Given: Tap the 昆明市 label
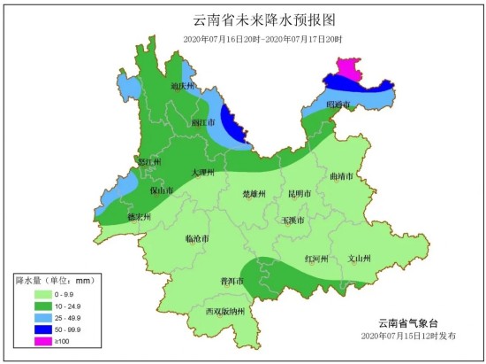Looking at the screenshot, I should (299, 193).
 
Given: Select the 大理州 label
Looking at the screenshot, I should (205, 174).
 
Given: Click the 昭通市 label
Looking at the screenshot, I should (339, 105).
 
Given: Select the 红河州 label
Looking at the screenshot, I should (316, 259).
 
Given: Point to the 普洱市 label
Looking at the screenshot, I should (232, 281).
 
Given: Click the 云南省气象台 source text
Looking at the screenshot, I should (408, 322).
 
